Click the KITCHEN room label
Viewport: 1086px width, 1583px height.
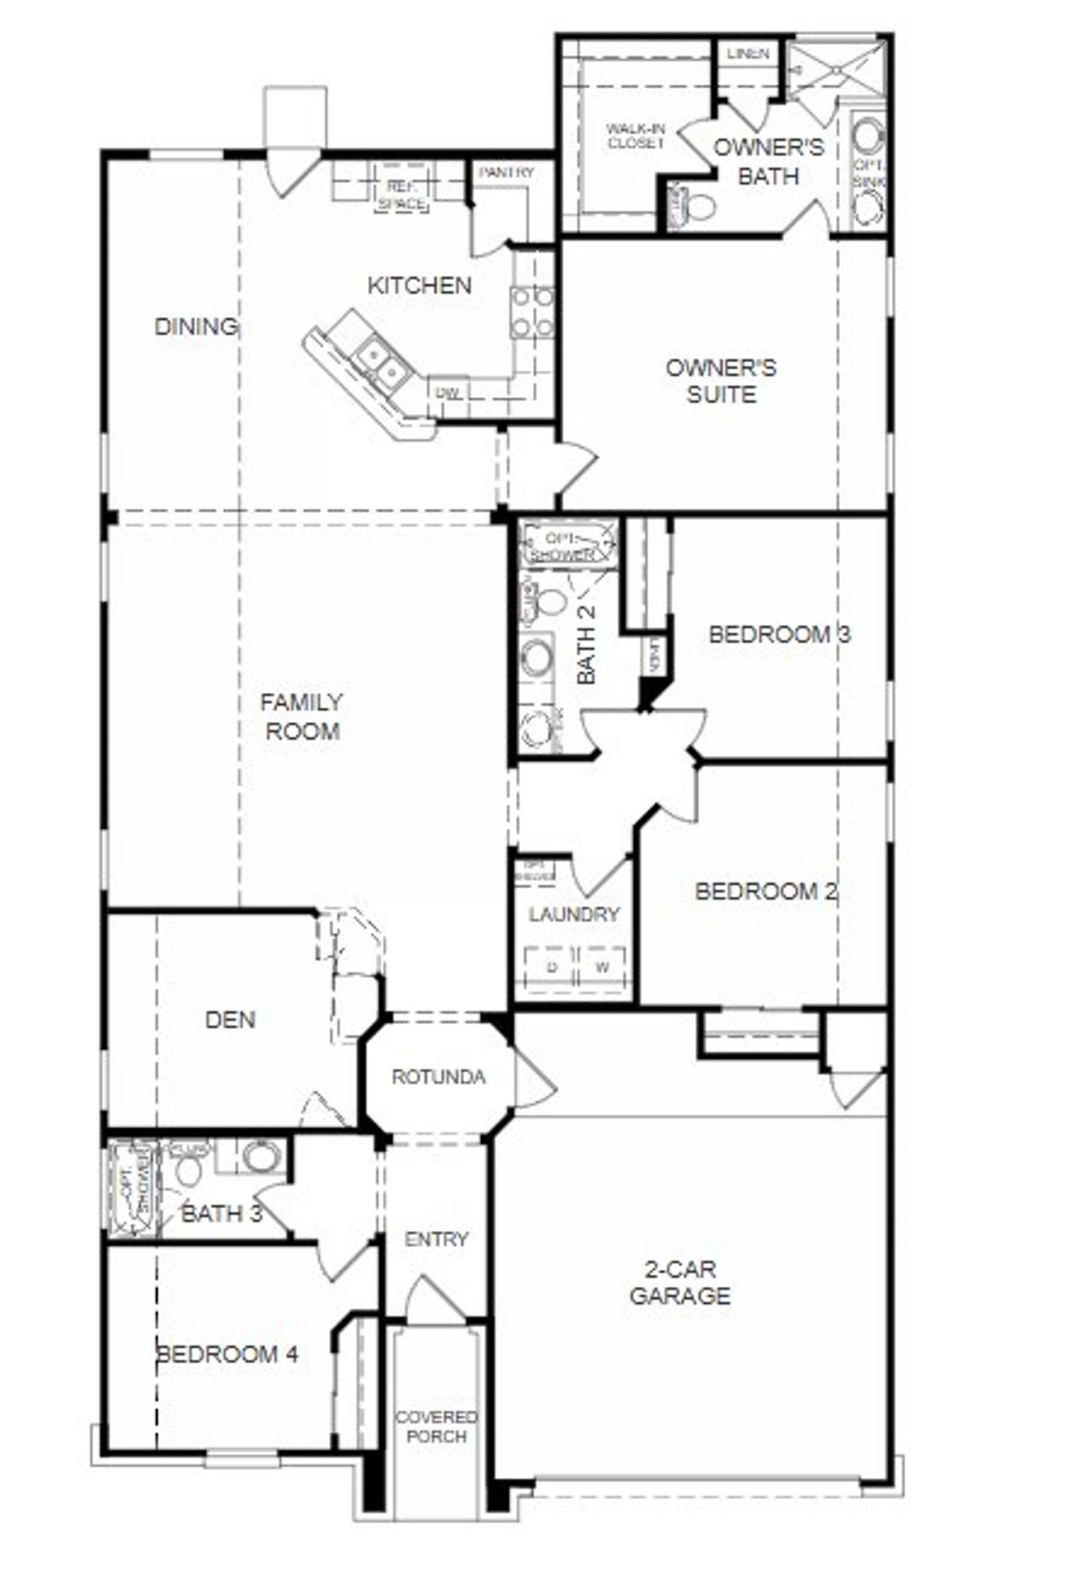point(419,285)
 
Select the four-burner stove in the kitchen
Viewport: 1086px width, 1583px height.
point(532,312)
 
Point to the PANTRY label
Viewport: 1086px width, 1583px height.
point(507,172)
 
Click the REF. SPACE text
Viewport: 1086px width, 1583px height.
point(402,194)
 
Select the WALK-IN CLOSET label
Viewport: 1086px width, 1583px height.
point(635,136)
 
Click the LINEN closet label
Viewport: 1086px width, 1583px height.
point(748,53)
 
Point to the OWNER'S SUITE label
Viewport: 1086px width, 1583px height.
point(720,381)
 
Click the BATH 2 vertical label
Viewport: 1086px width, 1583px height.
point(586,644)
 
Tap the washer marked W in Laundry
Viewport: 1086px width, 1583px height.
point(602,967)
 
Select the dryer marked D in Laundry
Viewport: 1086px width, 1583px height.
point(552,967)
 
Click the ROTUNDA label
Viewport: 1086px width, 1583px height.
point(439,1077)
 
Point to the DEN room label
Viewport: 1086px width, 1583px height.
point(230,1019)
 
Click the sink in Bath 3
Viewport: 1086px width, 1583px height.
point(260,1155)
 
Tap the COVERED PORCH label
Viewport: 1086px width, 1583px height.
point(437,1426)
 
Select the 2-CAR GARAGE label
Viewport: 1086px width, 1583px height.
point(680,1282)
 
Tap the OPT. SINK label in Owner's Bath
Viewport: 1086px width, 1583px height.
point(867,172)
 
